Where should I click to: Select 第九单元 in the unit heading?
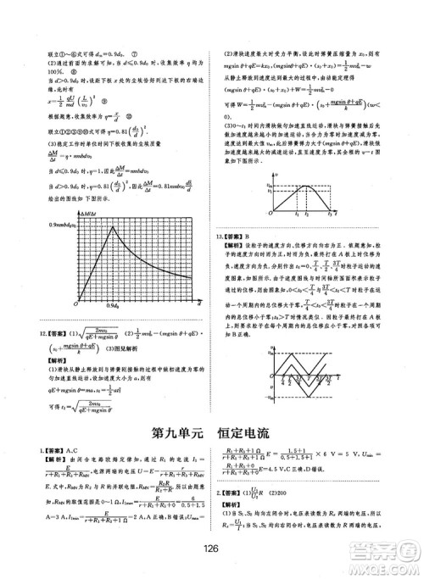click(x=176, y=431)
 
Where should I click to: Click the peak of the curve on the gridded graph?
click(x=112, y=225)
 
